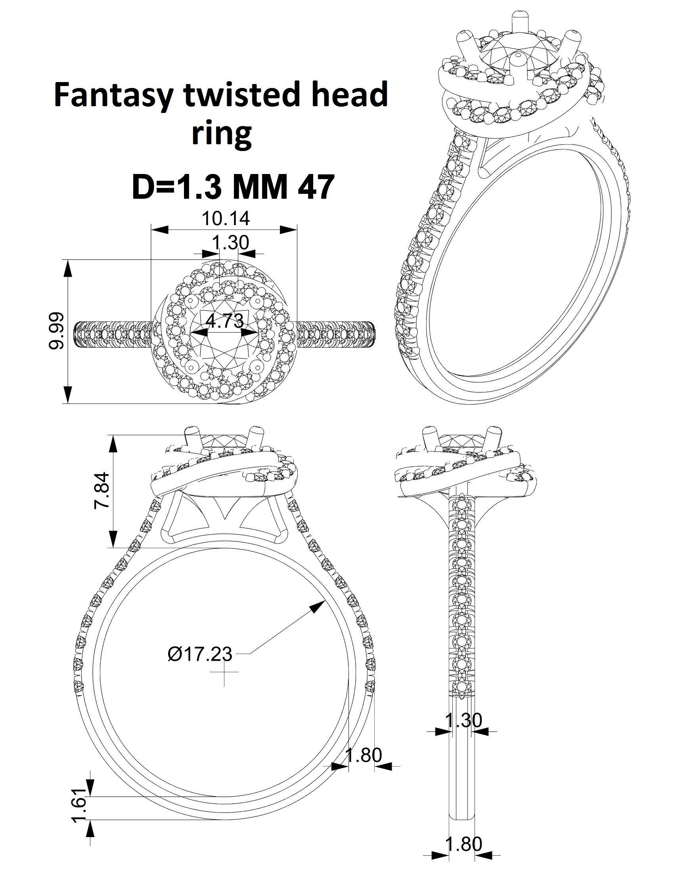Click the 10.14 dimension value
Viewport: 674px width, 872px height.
pos(226,218)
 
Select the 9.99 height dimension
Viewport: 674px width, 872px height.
pos(56,331)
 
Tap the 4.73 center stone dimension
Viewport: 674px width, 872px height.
pos(224,320)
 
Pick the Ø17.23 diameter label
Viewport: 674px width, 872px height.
pos(200,654)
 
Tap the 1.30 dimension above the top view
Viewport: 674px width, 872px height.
pos(230,242)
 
